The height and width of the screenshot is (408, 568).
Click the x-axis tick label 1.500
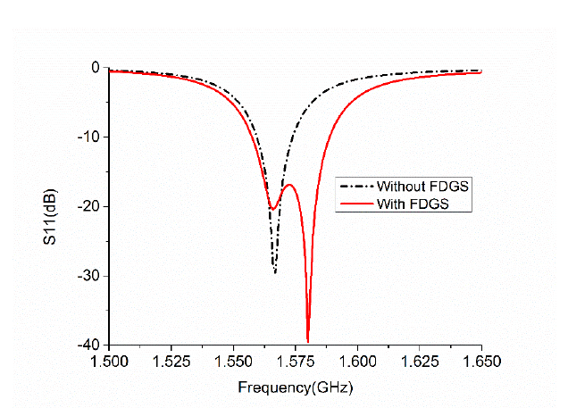[109, 362]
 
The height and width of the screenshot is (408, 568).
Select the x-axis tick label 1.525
[171, 362]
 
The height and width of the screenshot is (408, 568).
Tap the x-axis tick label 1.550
[233, 362]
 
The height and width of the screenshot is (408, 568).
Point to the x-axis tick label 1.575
[296, 362]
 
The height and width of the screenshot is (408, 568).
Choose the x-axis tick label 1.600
[357, 362]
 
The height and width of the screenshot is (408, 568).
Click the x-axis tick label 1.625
[420, 362]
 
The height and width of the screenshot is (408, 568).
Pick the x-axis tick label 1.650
[481, 362]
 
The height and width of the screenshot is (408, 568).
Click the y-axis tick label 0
[96, 67]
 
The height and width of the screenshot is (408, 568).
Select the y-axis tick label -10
[88, 137]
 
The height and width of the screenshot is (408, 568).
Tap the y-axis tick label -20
[88, 207]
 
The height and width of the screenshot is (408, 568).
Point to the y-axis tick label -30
[88, 276]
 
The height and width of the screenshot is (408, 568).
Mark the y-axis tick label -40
[88, 346]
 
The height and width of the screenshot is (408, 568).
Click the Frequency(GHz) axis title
[296, 387]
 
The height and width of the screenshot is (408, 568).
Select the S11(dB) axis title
[50, 216]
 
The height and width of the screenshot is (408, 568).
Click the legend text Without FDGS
[422, 187]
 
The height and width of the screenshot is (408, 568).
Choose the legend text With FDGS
[413, 204]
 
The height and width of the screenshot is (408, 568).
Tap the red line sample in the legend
[357, 204]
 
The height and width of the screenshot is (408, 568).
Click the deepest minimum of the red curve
[308, 341]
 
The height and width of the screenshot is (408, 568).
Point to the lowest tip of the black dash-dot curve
[275, 272]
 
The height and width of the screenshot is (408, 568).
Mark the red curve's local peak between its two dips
[289, 185]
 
